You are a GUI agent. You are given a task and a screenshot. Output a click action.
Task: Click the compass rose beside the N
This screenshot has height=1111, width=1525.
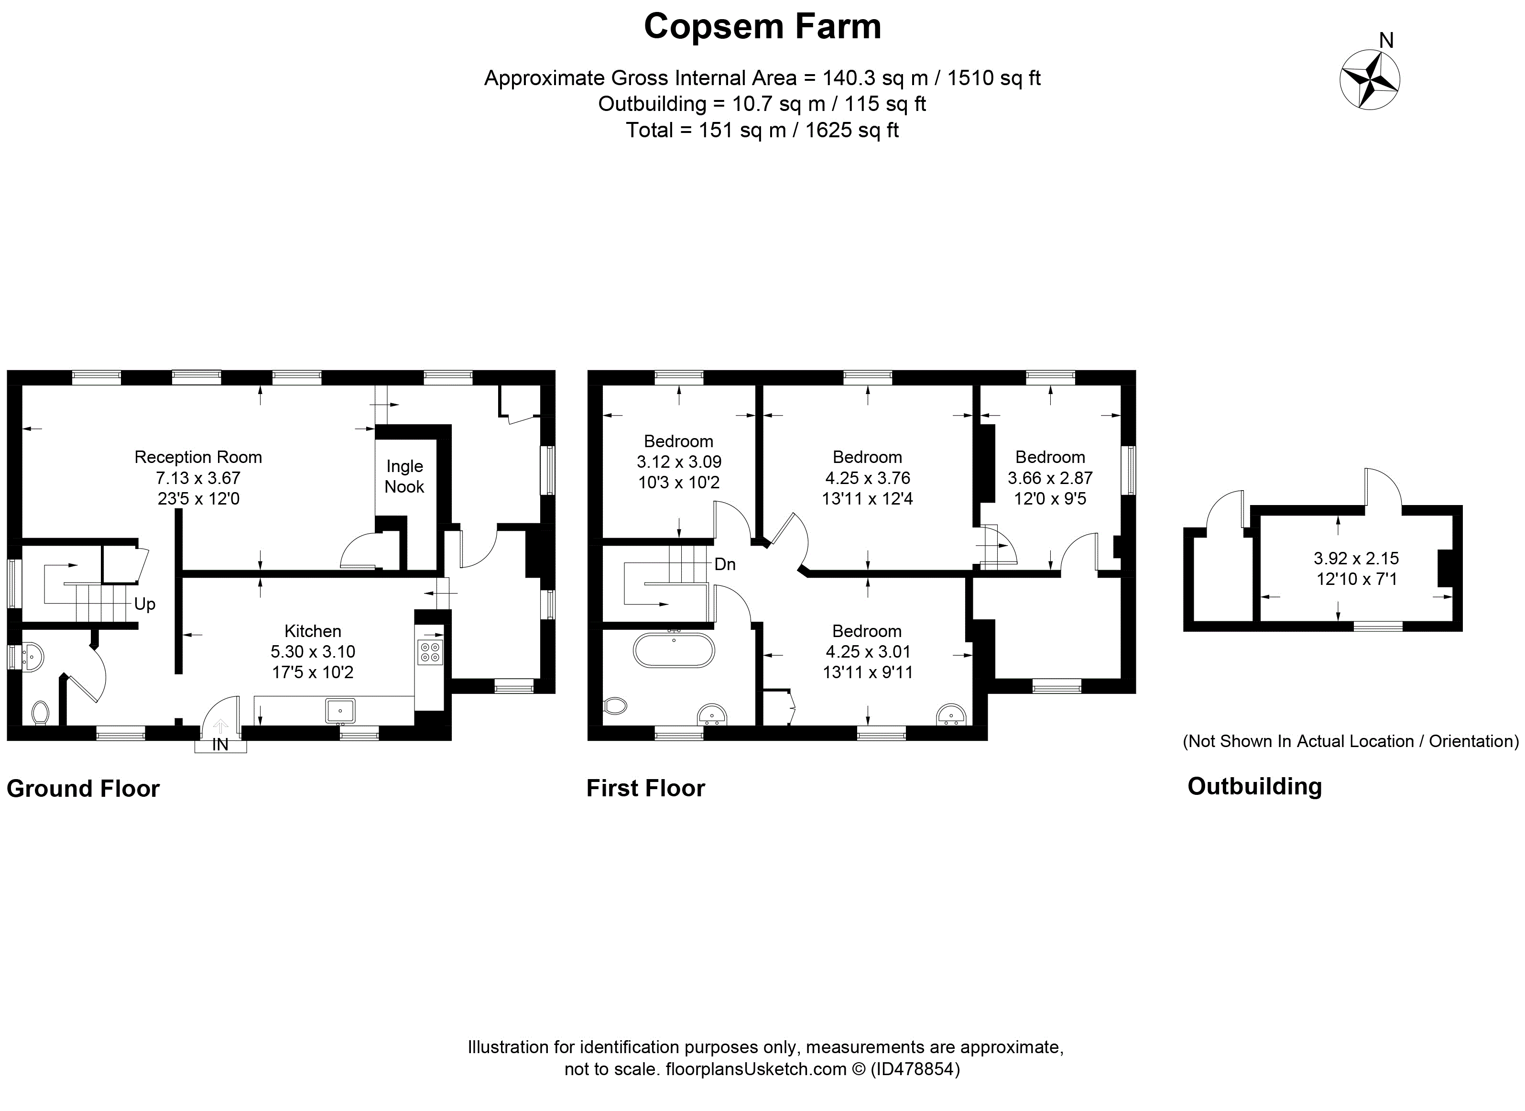click(x=1370, y=80)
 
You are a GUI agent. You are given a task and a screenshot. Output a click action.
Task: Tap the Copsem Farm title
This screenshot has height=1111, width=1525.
click(x=762, y=27)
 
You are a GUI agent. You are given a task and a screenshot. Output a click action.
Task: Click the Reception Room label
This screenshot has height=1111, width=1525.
click(x=198, y=457)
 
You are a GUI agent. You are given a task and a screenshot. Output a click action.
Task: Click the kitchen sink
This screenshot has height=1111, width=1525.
click(x=340, y=710)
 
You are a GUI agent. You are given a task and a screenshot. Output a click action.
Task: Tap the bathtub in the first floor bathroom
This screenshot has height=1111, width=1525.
click(x=674, y=650)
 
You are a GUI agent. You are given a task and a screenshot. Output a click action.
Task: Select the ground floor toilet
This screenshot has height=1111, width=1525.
click(x=40, y=713)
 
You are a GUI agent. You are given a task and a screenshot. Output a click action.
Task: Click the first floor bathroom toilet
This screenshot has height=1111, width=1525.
click(x=615, y=705)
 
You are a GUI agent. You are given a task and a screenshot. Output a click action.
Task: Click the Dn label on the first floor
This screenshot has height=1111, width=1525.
click(x=725, y=564)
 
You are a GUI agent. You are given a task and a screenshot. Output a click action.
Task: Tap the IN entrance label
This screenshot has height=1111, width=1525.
click(x=220, y=745)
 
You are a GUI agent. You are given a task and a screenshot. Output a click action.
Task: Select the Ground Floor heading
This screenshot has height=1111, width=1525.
click(x=83, y=788)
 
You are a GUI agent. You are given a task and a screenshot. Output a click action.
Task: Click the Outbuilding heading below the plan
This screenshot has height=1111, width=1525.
click(x=1255, y=786)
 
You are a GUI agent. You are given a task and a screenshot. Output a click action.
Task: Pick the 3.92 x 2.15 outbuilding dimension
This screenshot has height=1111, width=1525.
click(x=1356, y=558)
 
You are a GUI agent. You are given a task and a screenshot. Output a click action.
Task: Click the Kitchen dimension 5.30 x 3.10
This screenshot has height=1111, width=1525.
click(x=313, y=652)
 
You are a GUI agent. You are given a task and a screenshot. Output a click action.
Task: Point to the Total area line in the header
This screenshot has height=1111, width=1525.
click(x=762, y=130)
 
